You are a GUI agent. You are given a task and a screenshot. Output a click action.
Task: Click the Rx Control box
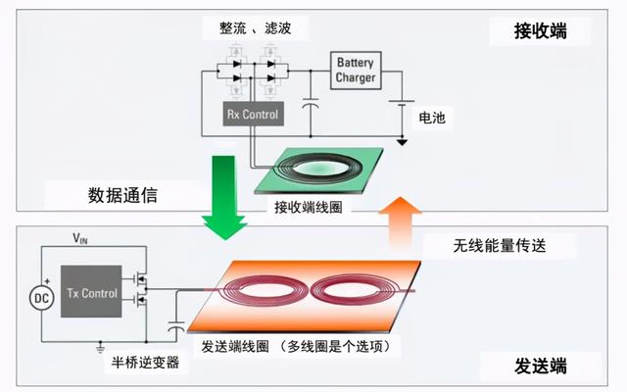point(253,115)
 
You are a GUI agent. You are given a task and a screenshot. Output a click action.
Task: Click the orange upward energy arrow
point(401,226)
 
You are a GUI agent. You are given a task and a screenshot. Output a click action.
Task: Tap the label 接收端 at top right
point(540,32)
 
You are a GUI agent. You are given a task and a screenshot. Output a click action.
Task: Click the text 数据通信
point(122,196)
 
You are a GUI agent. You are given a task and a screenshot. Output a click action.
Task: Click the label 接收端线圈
point(310,208)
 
